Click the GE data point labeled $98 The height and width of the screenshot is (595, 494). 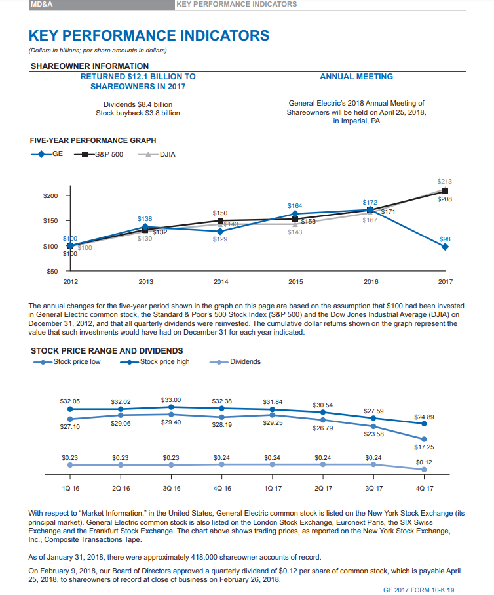(x=446, y=247)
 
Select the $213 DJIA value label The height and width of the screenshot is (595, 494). (x=445, y=180)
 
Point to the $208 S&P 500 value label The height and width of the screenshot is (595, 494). (x=445, y=199)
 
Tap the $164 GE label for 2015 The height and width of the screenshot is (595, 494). (x=295, y=205)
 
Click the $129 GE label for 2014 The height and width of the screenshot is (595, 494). (x=221, y=239)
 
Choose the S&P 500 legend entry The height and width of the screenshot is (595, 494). (x=105, y=155)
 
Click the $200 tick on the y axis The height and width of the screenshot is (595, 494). (x=50, y=195)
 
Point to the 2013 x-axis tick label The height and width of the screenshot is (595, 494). (x=145, y=282)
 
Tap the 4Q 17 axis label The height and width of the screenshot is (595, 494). (x=424, y=488)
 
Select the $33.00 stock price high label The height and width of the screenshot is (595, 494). (x=171, y=400)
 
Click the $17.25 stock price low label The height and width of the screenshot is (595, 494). (x=424, y=447)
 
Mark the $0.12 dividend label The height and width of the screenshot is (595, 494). (x=424, y=461)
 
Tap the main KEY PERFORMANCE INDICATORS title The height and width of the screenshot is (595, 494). (x=149, y=35)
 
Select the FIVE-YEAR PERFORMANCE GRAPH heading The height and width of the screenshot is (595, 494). (x=93, y=140)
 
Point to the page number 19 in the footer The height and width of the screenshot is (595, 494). (x=451, y=589)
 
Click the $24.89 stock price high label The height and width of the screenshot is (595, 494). (x=424, y=417)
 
